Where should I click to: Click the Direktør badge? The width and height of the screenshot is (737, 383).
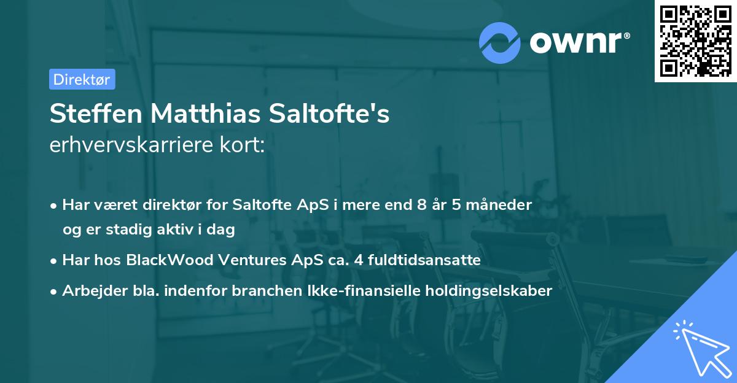click(x=82, y=79)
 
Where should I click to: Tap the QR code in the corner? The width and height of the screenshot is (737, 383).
click(x=694, y=40)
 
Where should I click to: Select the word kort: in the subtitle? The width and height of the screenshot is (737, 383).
click(x=244, y=145)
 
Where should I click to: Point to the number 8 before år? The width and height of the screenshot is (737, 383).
click(x=421, y=204)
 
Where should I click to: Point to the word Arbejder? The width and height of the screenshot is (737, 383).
click(x=89, y=291)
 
